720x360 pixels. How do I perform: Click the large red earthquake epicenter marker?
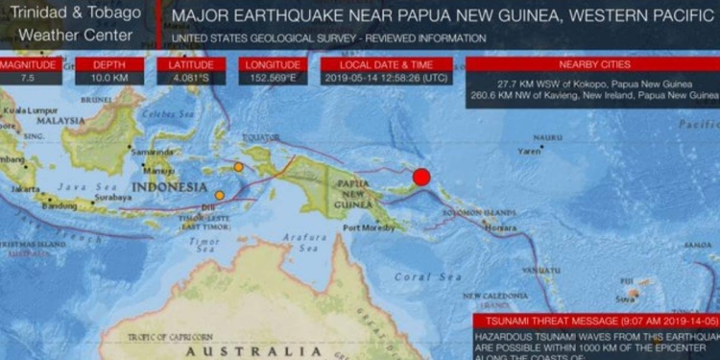click(420, 177)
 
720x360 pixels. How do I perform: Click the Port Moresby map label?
click(366, 228)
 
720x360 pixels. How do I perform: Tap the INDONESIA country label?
click(169, 186)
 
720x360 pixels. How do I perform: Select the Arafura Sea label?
click(306, 243)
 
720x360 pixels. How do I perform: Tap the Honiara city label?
click(500, 228)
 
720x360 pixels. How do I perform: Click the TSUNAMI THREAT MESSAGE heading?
click(595, 321)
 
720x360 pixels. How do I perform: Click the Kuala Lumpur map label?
click(26, 111)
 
